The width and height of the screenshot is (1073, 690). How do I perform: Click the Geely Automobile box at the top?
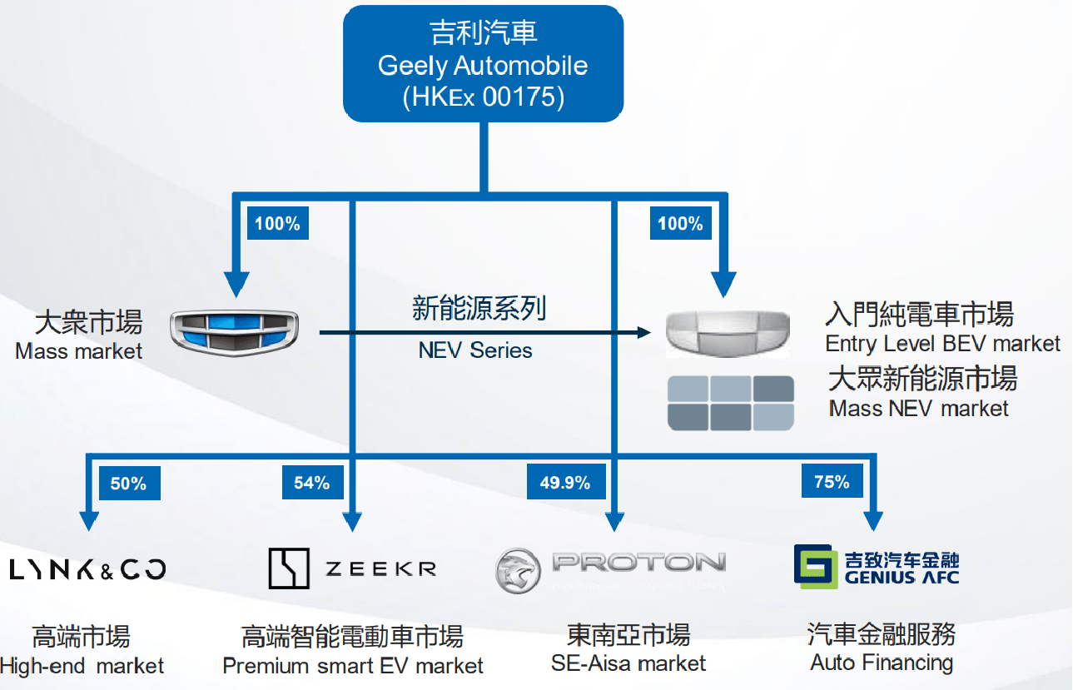pyautogui.click(x=483, y=65)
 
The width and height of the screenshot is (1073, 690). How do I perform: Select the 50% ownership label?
pyautogui.click(x=128, y=484)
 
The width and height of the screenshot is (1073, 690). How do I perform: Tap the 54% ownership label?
pyautogui.click(x=311, y=484)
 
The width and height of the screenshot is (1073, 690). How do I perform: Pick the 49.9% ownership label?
pyautogui.click(x=564, y=483)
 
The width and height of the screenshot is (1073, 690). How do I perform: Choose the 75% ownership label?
pyautogui.click(x=831, y=482)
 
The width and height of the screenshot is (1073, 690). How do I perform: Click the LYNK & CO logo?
pyautogui.click(x=87, y=569)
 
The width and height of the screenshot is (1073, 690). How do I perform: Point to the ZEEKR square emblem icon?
pyautogui.click(x=289, y=568)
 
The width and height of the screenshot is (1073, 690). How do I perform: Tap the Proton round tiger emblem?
pyautogui.click(x=518, y=571)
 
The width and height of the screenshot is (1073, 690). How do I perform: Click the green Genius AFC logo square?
pyautogui.click(x=815, y=567)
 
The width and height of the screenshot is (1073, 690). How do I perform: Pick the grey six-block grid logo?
pyautogui.click(x=732, y=403)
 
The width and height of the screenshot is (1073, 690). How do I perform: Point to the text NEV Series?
pyautogui.click(x=475, y=350)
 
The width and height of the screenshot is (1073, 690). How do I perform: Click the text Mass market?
pyautogui.click(x=79, y=351)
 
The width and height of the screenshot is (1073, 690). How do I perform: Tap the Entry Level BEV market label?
pyautogui.click(x=942, y=343)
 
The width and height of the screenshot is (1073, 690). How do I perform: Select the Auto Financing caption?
pyautogui.click(x=882, y=663)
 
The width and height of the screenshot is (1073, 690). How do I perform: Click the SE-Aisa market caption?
pyautogui.click(x=628, y=663)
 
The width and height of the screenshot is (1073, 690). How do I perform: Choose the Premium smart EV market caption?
pyautogui.click(x=353, y=666)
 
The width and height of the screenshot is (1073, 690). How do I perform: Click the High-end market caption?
pyautogui.click(x=82, y=666)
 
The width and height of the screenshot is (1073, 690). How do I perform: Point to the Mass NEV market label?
pyautogui.click(x=918, y=409)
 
